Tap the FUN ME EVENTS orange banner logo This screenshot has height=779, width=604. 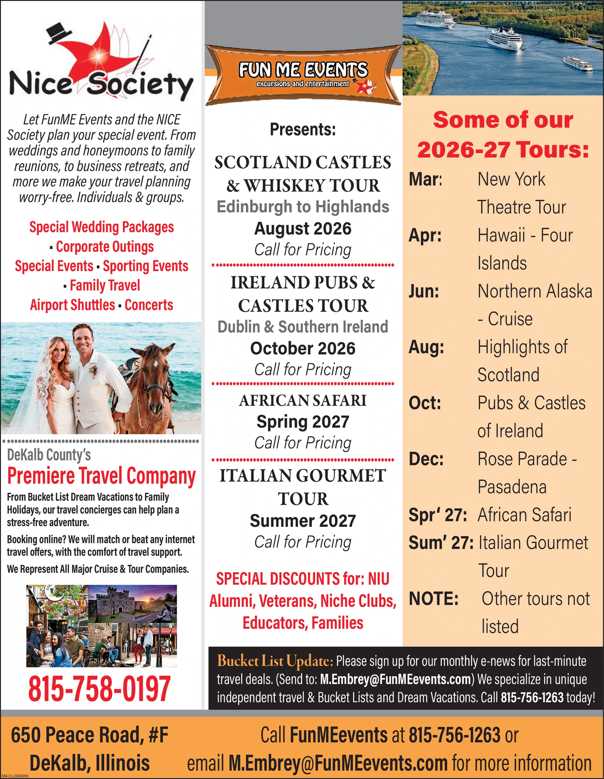point(303,74)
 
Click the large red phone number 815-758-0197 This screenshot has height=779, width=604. point(99,688)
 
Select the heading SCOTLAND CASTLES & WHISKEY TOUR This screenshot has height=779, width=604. point(303,174)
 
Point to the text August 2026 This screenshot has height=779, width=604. point(303,228)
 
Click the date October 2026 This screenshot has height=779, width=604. point(303,349)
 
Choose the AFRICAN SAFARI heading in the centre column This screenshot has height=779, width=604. point(303,400)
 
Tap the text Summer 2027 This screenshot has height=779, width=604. point(303,521)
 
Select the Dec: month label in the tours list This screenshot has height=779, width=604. point(426,459)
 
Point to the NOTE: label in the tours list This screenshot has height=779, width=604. point(434,599)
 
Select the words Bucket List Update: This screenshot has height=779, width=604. point(275,661)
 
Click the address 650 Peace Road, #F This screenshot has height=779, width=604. point(90,735)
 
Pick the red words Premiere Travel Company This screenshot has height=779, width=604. point(101,476)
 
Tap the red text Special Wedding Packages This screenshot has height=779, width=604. point(101,227)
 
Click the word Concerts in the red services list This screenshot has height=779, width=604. point(149,305)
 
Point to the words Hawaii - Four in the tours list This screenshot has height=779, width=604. point(525,236)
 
